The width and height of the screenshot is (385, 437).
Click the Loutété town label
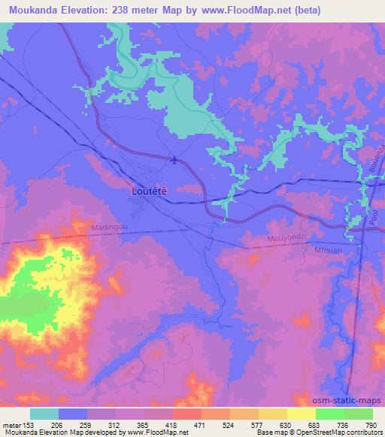[x=149, y=191]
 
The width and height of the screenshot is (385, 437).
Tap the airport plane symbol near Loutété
[x=175, y=158]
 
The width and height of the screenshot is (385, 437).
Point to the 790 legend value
[x=370, y=424]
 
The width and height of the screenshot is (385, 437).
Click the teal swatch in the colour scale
[x=44, y=414]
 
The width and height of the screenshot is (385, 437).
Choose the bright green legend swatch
[x=329, y=414]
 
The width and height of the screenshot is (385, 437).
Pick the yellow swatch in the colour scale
[x=301, y=414]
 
